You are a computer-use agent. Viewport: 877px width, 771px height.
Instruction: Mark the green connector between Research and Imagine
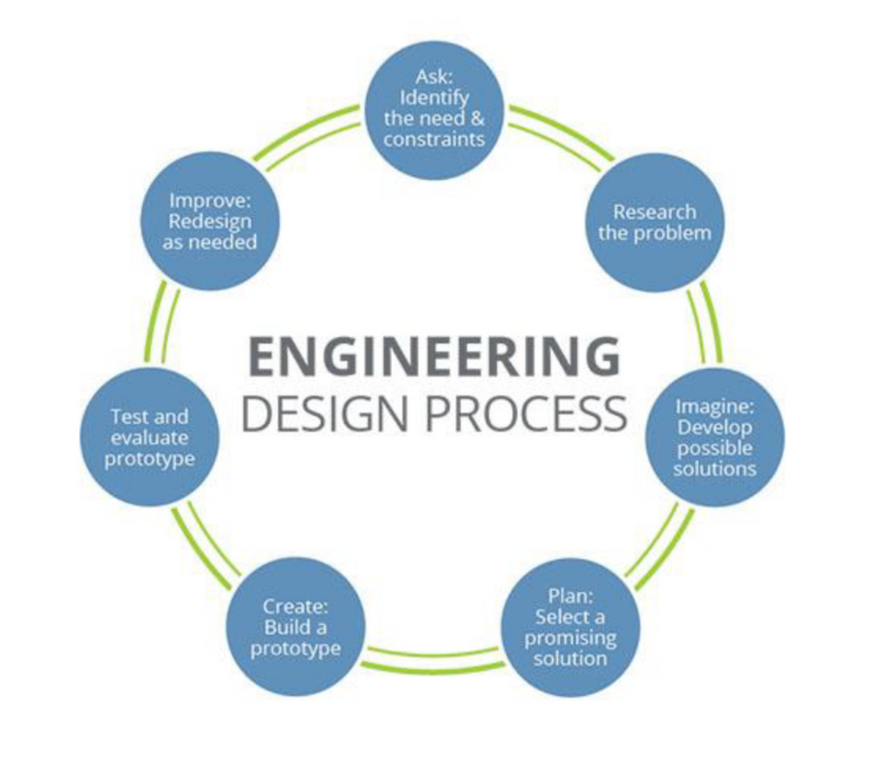point(703,326)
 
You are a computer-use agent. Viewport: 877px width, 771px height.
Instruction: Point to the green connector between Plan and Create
point(435,658)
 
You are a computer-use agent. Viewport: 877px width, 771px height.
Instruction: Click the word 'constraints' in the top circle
point(434,139)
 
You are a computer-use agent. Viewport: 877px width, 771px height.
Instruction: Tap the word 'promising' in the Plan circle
point(572,638)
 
